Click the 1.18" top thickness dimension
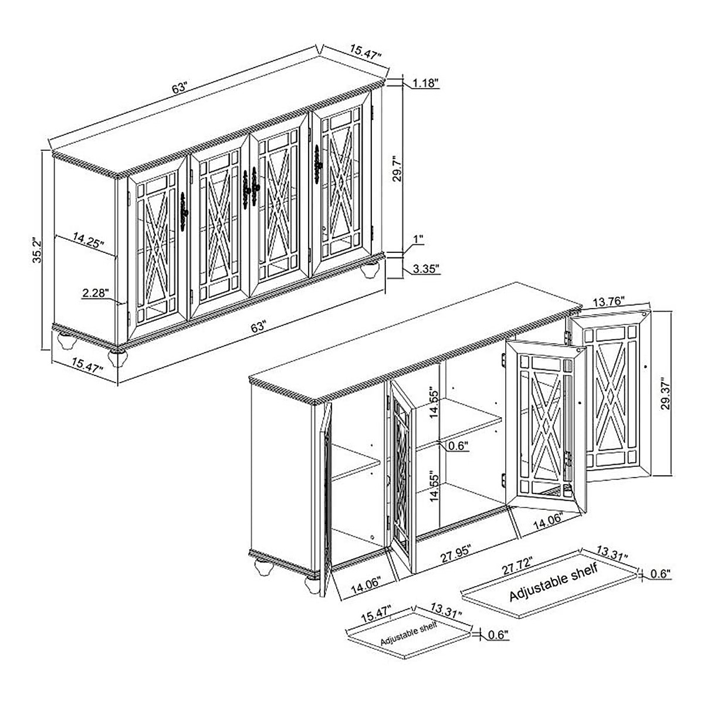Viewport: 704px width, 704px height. coord(425,83)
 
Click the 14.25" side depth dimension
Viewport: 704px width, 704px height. coord(88,239)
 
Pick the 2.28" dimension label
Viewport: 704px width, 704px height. coord(96,293)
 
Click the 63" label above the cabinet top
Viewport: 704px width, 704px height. coord(180,89)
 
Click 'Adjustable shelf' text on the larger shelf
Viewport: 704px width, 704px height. coord(554,583)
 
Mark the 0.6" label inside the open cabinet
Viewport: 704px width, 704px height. coord(458,446)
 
